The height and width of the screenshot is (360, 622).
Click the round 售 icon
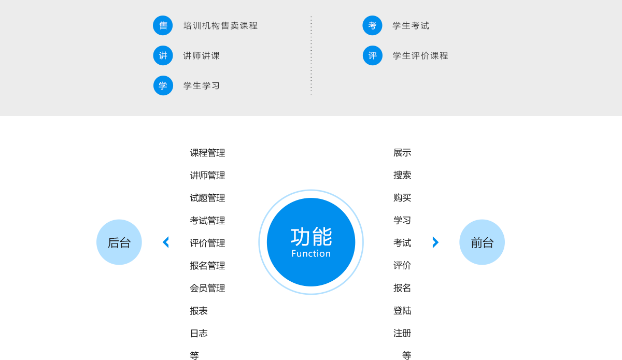point(163,25)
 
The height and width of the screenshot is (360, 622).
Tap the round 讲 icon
point(163,55)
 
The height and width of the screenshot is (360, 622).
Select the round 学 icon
point(163,85)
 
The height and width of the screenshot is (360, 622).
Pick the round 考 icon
point(372,25)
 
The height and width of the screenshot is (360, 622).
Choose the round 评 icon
point(372,55)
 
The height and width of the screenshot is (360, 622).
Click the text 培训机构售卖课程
point(220,25)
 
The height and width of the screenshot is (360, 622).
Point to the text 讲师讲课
point(202,55)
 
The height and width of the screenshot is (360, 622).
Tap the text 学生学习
point(202,85)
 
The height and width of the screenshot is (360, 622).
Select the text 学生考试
point(411,25)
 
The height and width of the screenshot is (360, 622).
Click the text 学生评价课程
point(420,55)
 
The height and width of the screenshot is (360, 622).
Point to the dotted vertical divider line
point(311,55)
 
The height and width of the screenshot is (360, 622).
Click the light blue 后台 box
point(119,242)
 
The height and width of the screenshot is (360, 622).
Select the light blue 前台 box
point(482,242)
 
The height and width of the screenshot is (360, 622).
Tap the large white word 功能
point(311,236)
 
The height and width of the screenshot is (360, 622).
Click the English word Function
point(311,254)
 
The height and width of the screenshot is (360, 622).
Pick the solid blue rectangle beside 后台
point(177,242)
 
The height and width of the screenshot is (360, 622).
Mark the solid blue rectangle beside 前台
point(425,242)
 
